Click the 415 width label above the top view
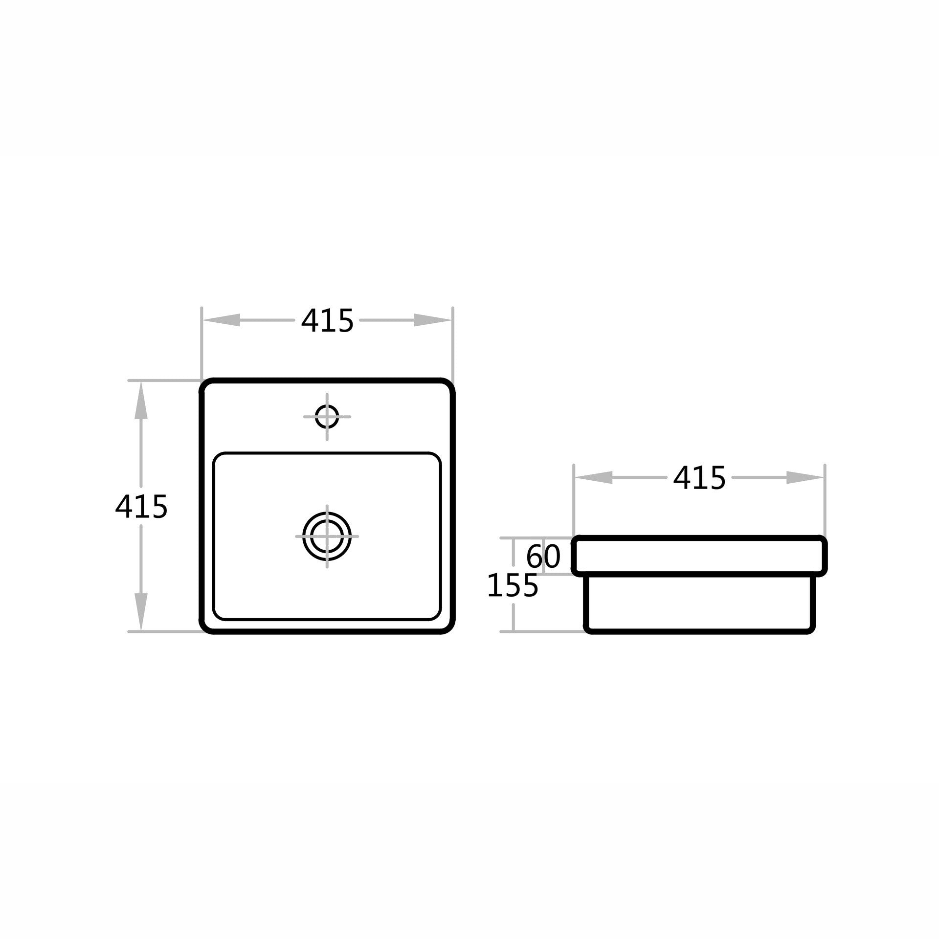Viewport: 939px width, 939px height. click(x=327, y=321)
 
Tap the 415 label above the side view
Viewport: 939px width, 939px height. click(x=699, y=478)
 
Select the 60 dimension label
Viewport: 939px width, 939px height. click(x=543, y=557)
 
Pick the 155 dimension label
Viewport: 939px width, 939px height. click(x=513, y=586)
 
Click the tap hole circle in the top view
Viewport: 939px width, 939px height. click(x=327, y=417)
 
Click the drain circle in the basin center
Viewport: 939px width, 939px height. click(x=327, y=536)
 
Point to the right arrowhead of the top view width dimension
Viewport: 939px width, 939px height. click(x=432, y=320)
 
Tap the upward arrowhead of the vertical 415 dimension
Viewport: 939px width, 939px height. click(x=141, y=400)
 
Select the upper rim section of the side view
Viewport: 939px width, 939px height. click(x=699, y=556)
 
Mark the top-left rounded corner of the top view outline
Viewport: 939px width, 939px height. click(x=206, y=385)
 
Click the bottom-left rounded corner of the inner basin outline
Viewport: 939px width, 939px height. click(x=219, y=615)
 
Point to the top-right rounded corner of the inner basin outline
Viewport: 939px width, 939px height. click(x=435, y=458)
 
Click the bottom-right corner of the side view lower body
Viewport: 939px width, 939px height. click(x=811, y=629)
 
